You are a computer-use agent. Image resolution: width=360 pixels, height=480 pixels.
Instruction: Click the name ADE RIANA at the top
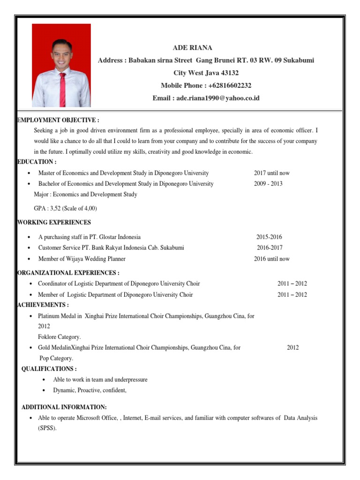[x=193, y=48]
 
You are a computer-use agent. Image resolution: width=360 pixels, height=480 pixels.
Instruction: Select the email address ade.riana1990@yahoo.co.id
[x=218, y=98]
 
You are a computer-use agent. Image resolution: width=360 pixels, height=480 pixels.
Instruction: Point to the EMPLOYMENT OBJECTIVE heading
[x=58, y=120]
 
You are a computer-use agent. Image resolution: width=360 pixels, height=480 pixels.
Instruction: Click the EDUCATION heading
[x=37, y=162]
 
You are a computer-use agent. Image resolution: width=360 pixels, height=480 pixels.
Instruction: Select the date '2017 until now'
[x=272, y=173]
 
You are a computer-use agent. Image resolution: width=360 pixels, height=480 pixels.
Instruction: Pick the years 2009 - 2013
[x=268, y=184]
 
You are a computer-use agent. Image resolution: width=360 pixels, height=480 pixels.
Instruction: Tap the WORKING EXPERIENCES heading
[x=54, y=222]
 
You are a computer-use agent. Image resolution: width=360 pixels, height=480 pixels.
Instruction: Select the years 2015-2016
[x=269, y=237]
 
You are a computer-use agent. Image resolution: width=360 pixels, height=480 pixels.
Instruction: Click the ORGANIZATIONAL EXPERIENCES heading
[x=68, y=273]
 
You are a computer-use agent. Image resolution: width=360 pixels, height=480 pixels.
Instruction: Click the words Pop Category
[x=56, y=358]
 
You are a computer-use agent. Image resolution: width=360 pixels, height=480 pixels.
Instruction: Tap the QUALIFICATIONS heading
[x=49, y=369]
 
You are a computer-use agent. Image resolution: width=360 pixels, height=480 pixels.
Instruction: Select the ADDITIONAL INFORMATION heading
[x=64, y=407]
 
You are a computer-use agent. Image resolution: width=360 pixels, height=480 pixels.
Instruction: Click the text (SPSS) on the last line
[x=47, y=427]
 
